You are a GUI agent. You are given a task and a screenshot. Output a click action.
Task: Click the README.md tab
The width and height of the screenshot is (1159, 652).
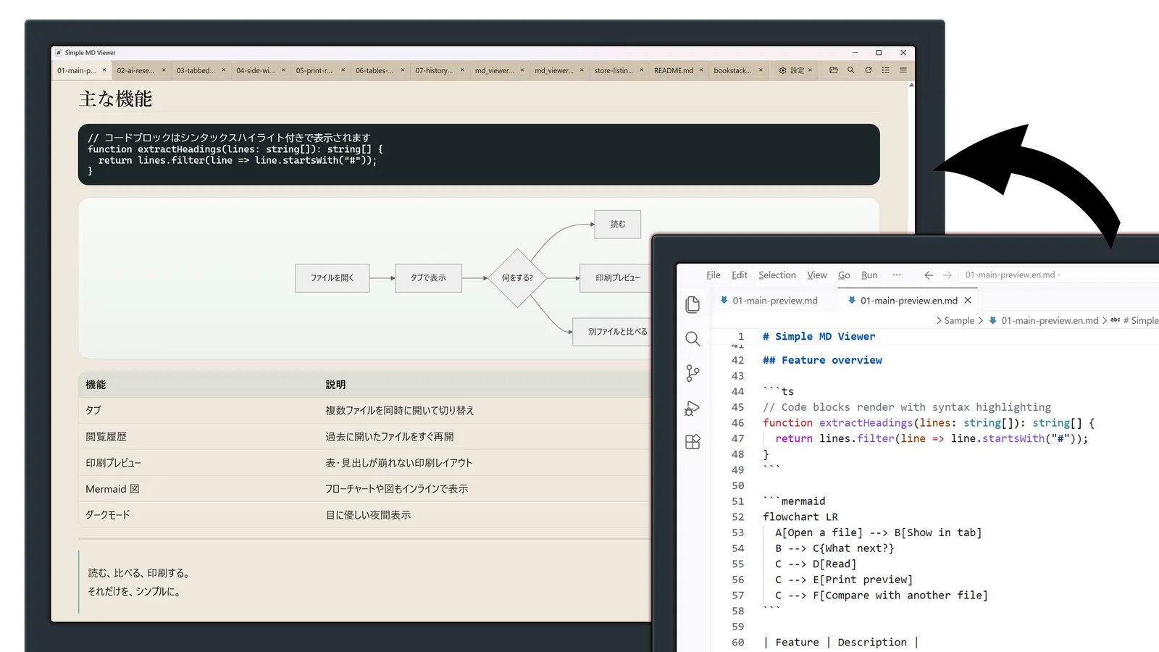[x=673, y=70]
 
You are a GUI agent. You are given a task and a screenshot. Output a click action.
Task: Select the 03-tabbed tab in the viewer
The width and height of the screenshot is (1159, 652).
[x=196, y=70]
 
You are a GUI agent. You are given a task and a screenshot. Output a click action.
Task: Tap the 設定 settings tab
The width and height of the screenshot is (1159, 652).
[x=796, y=70]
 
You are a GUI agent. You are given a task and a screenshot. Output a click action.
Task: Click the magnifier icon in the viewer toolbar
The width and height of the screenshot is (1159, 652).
[x=850, y=70]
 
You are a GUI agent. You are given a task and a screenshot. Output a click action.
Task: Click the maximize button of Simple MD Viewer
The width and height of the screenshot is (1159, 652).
[x=879, y=53]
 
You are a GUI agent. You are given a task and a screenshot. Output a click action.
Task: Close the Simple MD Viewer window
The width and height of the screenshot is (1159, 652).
[x=903, y=53]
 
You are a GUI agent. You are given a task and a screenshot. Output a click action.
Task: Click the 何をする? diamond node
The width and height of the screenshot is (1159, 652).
[x=517, y=278]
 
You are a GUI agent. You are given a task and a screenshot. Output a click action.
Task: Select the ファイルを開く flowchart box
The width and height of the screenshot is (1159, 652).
[x=332, y=278]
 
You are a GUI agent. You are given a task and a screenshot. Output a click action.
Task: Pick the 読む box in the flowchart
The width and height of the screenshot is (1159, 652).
[x=617, y=224]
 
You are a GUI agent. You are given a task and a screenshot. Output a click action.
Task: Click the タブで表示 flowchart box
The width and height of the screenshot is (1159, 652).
[x=428, y=278]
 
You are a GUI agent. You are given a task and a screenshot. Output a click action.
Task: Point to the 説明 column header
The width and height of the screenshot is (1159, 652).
[x=335, y=385]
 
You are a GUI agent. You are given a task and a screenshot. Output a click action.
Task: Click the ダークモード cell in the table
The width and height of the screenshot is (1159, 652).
[x=108, y=515]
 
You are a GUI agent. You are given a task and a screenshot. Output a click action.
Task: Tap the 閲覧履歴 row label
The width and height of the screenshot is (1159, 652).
[x=106, y=437]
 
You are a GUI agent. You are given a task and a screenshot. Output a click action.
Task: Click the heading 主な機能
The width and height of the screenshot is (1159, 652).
[x=115, y=99]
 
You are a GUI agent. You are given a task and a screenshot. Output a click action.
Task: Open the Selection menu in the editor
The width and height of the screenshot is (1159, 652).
[x=777, y=275]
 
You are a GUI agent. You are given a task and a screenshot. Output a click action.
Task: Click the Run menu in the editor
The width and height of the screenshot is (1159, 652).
[x=869, y=275]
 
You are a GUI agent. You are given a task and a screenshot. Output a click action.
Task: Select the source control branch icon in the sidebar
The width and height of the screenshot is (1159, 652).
[x=693, y=373]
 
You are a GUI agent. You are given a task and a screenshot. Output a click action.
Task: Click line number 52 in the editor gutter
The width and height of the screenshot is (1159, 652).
[x=738, y=517]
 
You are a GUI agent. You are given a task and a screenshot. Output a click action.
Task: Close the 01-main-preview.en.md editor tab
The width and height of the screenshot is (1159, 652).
[x=968, y=300]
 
